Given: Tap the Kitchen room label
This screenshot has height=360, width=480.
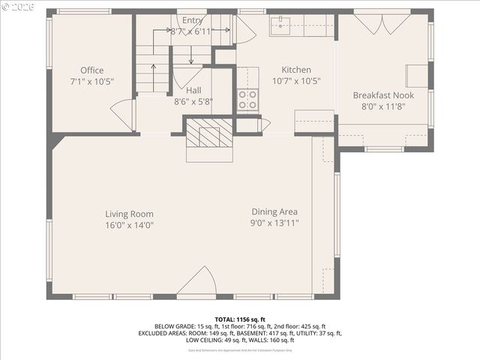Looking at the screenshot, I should [295, 70].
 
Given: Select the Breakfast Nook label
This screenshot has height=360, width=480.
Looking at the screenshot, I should [383, 95].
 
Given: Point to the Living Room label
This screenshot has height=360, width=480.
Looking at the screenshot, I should [129, 214].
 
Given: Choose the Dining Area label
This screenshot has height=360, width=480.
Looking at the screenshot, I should [274, 211].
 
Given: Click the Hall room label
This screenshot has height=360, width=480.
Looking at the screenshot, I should [193, 90].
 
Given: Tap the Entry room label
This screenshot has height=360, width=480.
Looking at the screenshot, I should [192, 19].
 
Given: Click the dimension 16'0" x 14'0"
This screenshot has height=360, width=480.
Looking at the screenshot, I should [129, 224].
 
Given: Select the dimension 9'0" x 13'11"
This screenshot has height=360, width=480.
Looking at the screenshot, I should [274, 223].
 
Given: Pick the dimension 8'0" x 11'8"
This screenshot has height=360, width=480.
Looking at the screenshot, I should [383, 106].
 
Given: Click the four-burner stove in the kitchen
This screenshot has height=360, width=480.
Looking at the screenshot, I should [248, 100].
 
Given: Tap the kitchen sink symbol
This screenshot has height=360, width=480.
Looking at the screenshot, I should [283, 23].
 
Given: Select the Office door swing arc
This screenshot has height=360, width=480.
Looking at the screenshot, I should [122, 115].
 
